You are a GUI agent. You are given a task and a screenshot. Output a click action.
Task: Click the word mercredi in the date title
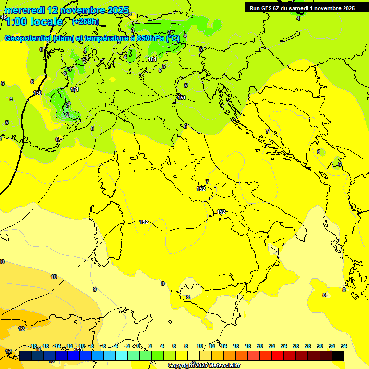24,10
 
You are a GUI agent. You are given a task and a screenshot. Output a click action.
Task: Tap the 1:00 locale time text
34,22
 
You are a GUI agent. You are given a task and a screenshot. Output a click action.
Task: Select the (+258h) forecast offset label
86,21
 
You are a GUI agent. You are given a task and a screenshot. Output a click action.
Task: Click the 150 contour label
37,93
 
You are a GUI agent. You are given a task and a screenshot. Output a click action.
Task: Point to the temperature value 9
95,289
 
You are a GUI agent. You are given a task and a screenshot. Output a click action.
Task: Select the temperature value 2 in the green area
67,115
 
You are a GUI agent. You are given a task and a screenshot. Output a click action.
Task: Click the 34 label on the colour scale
344,346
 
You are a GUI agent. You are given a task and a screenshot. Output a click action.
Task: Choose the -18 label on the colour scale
33,346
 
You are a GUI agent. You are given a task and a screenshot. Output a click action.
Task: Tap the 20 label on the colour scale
259,346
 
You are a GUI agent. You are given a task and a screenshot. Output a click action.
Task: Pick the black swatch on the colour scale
338,356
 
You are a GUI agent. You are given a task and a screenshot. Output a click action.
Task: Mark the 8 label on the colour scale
186,346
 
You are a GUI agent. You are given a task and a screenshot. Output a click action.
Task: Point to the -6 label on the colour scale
104,346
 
